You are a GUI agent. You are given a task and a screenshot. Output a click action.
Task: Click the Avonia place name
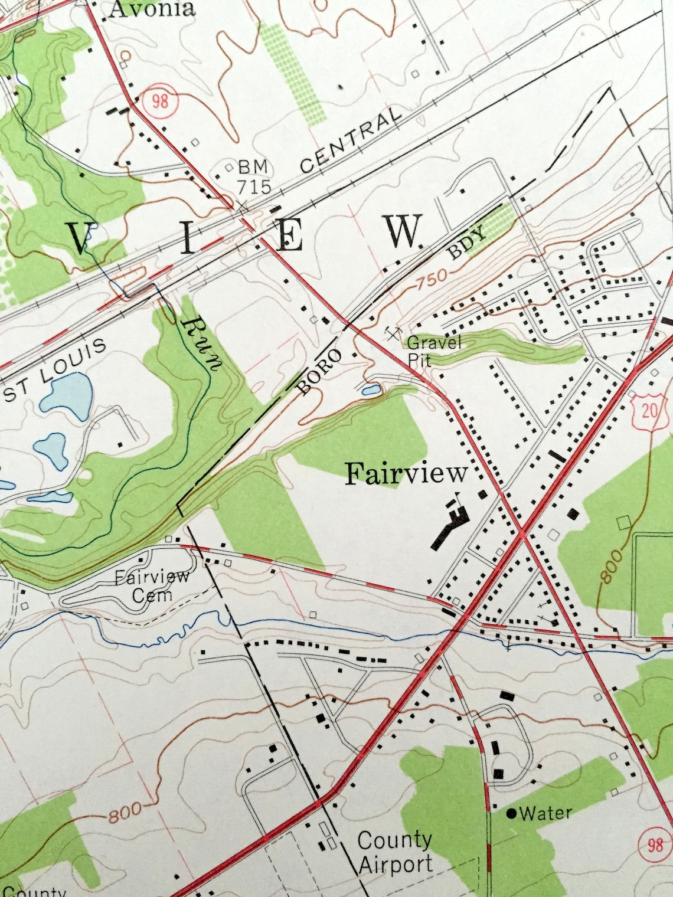pos(152,8)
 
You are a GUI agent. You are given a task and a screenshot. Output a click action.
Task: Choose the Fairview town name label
pos(406,473)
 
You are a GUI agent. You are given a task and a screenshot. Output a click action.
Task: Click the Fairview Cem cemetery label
pos(152,585)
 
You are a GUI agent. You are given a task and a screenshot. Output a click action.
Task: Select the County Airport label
pos(395,853)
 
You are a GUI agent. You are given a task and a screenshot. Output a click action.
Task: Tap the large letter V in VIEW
pos(81,238)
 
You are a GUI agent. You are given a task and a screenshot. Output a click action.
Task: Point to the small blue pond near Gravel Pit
pos(370,390)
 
